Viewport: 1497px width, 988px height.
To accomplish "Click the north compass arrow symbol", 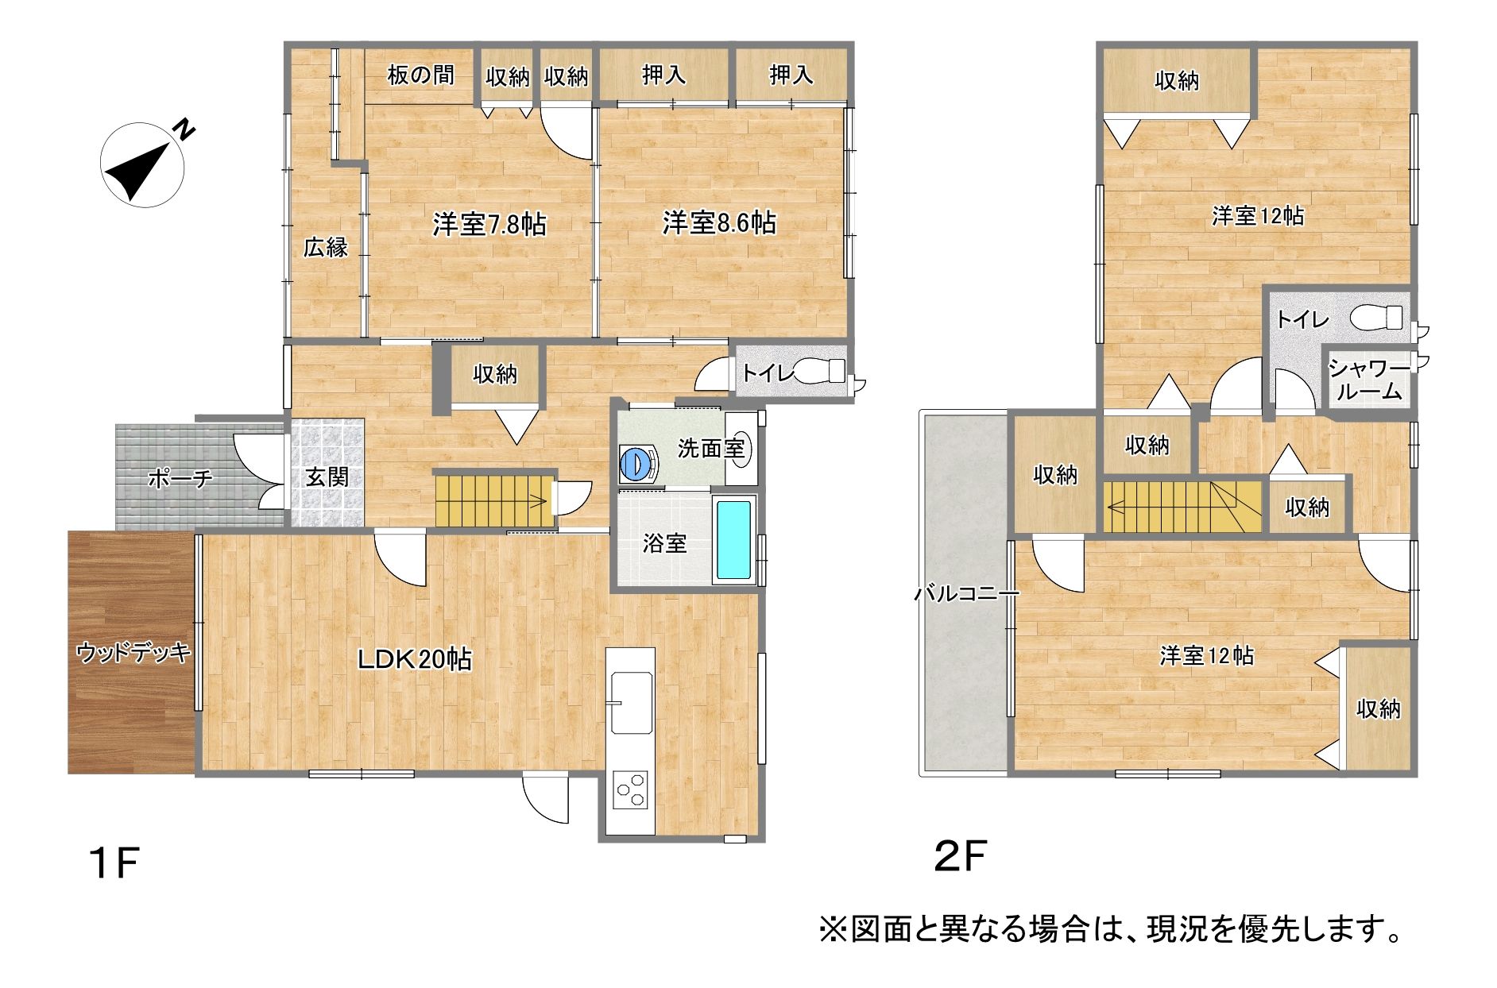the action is point(143,165).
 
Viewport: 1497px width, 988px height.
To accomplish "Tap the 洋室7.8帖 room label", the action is point(489,225).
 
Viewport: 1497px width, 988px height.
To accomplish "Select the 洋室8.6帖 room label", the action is point(720,223).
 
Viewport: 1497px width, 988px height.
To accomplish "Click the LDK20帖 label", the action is point(414,658).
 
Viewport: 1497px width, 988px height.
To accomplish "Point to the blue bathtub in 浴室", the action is point(733,539).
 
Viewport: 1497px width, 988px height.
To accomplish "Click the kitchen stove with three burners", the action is point(630,791).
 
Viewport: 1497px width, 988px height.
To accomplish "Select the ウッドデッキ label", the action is point(133,653).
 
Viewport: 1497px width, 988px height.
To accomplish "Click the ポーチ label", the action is point(180,479).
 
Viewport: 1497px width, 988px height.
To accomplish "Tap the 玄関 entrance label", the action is point(327,477).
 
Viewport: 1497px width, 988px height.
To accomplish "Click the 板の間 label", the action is point(421,75).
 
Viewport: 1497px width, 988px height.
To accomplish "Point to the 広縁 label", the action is point(326,248).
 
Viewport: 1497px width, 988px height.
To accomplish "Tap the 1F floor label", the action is point(115,863).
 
